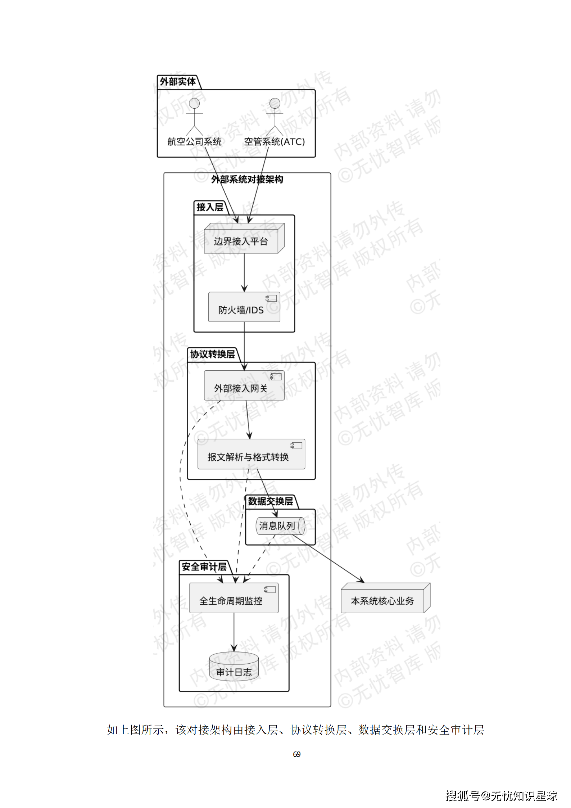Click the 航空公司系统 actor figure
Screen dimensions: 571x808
click(x=194, y=117)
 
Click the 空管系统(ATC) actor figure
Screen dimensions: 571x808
click(x=275, y=117)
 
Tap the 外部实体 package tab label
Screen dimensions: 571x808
click(x=178, y=82)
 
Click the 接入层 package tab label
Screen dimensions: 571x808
click(x=210, y=207)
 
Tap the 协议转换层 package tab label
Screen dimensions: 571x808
click(x=212, y=355)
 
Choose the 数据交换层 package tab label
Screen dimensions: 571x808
click(x=271, y=501)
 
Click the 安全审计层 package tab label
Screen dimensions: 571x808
click(x=204, y=567)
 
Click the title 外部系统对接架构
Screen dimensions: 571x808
click(x=247, y=179)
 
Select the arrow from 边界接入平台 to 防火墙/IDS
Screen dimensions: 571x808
click(x=244, y=272)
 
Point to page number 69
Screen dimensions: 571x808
click(x=296, y=754)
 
